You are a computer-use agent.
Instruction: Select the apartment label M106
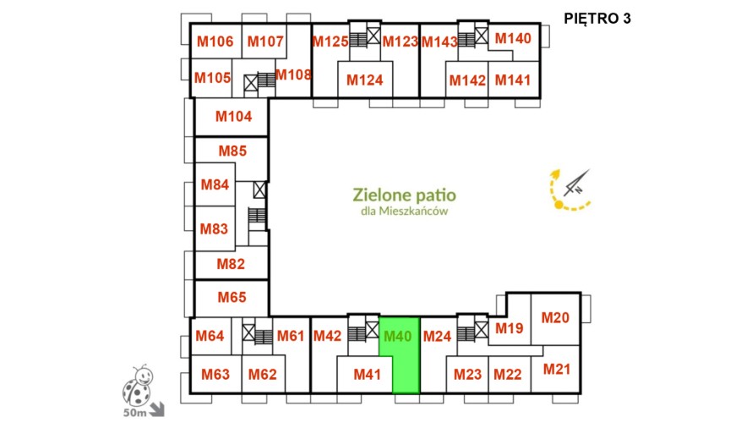click(x=215, y=41)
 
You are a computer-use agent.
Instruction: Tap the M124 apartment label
click(x=364, y=80)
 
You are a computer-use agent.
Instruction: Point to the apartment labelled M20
click(x=555, y=318)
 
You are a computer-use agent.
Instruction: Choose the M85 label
click(x=232, y=151)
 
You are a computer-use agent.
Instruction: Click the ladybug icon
click(x=138, y=385)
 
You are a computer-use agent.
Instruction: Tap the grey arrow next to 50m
click(x=157, y=409)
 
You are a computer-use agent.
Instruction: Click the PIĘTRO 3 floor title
click(x=597, y=19)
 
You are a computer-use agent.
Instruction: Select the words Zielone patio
click(x=404, y=195)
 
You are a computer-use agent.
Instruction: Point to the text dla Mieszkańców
click(x=404, y=211)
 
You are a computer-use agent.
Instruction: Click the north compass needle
click(x=576, y=183)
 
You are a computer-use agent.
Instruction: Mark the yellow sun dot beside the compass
click(x=559, y=205)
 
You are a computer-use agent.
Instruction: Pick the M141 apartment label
click(x=513, y=80)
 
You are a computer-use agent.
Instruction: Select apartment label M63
click(x=215, y=375)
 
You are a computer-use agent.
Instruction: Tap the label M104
click(x=233, y=117)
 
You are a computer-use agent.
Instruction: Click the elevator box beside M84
click(x=259, y=190)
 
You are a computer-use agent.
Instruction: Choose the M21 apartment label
click(x=557, y=369)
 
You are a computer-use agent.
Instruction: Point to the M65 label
click(x=232, y=298)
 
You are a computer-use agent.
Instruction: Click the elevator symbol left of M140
click(x=482, y=36)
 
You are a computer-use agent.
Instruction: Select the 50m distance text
click(x=134, y=413)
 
